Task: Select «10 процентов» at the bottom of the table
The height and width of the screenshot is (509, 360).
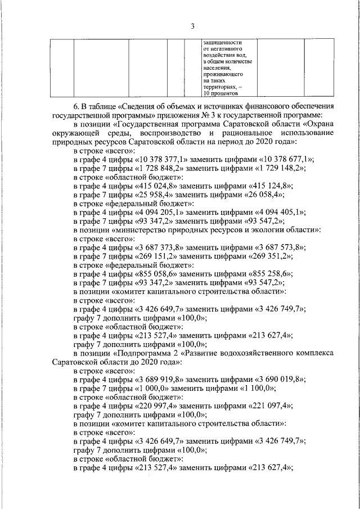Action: point(222,94)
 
